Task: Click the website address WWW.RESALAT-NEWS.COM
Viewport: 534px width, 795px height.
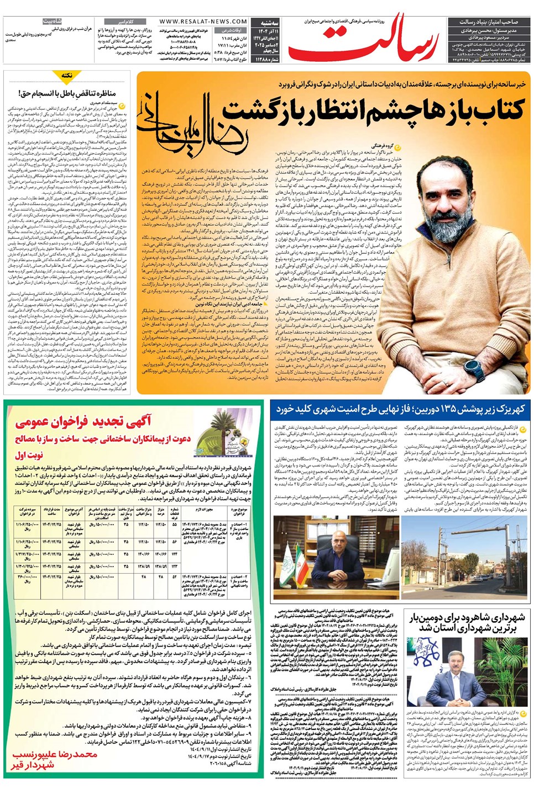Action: coord(203,22)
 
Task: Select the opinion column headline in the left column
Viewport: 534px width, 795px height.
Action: coord(67,93)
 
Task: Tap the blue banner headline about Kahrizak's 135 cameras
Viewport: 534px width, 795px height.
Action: coord(400,409)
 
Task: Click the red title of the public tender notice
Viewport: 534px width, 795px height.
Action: coord(83,423)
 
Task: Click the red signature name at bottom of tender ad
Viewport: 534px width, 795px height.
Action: coord(55,759)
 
